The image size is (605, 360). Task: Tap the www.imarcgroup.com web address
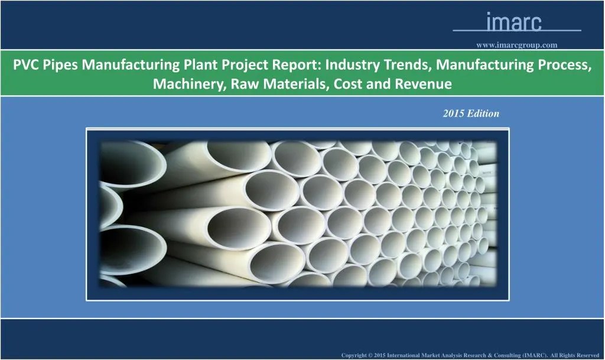click(x=517, y=44)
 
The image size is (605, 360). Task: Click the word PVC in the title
click(x=27, y=64)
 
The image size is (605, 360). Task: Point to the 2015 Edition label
click(x=471, y=113)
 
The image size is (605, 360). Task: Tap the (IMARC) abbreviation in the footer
click(x=535, y=355)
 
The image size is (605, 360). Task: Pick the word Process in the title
click(x=565, y=64)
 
